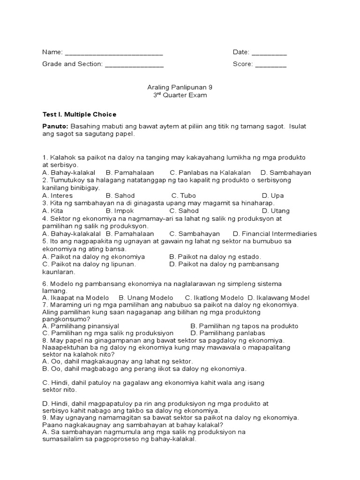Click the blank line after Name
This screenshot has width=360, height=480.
(x=113, y=53)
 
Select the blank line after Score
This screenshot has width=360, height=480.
(x=270, y=65)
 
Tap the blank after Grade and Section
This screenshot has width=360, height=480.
(x=134, y=65)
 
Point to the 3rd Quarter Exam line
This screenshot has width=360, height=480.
(x=173, y=95)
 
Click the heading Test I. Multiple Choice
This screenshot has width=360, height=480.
(x=79, y=114)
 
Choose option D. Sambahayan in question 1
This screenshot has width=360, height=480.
(x=285, y=172)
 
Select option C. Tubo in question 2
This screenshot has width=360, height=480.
(x=184, y=195)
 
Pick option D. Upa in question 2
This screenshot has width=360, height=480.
(x=273, y=195)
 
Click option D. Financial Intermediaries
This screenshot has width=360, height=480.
(x=275, y=233)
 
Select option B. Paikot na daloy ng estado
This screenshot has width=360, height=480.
(x=215, y=257)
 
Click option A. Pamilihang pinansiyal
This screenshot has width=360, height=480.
(x=81, y=326)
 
